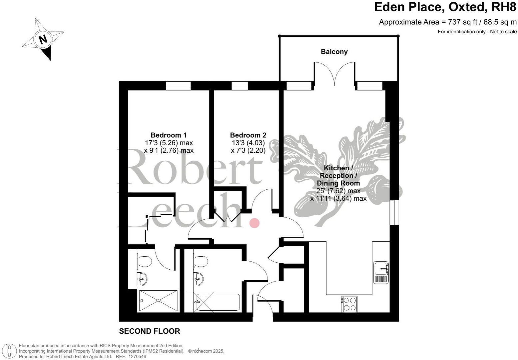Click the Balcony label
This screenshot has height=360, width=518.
334,52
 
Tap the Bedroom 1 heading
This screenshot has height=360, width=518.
169,135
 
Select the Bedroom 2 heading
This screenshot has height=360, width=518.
248,135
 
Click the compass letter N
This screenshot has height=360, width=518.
43,39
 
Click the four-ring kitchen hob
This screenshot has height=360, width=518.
349,304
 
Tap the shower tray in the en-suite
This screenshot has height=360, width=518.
158,301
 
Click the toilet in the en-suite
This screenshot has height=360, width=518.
144,261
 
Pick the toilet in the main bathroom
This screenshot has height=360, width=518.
201,261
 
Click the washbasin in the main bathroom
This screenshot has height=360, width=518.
198,277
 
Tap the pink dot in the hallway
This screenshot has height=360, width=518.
255,223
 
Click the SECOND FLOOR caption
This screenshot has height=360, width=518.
150,331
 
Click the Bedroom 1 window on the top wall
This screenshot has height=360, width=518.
178,86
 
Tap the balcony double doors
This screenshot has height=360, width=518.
334,75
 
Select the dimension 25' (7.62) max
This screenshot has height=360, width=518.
338,191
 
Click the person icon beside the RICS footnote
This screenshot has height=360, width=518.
10,351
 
